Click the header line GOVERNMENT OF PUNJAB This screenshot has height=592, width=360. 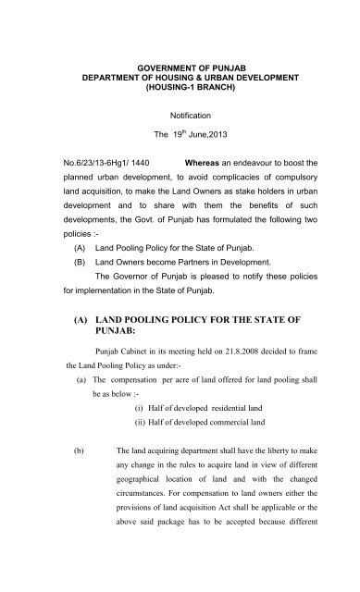(180, 69)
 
